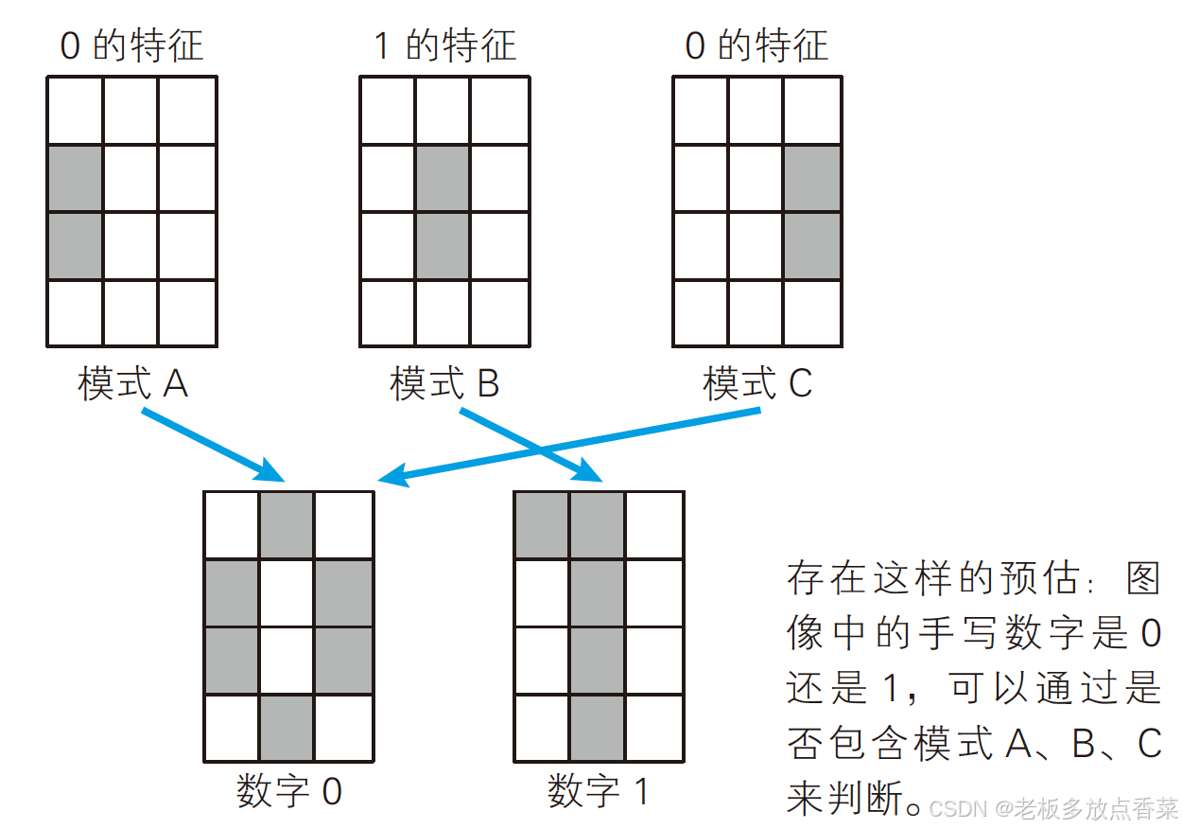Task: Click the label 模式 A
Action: (132, 384)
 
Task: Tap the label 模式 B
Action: (444, 384)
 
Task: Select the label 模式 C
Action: (757, 384)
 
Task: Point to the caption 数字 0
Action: (289, 791)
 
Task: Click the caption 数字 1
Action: (599, 791)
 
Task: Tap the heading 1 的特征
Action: (444, 45)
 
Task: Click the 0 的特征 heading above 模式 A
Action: (132, 45)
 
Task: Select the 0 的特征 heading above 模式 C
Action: (757, 45)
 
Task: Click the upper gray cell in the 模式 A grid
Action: (75, 178)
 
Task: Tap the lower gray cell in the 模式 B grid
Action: (443, 246)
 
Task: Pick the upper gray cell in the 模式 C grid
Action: (812, 178)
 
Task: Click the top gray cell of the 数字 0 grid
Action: (287, 525)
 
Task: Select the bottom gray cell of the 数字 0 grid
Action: (287, 728)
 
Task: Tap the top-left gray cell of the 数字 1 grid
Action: (542, 525)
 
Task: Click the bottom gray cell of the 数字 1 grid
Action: (597, 728)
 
